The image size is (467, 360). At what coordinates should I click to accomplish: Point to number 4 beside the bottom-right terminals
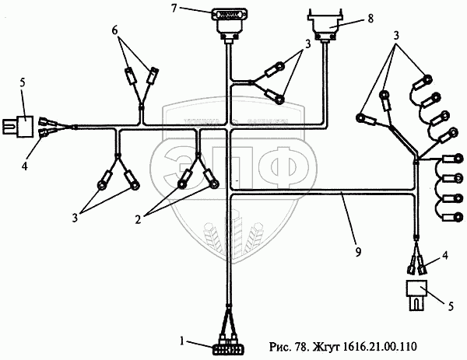(x=445, y=255)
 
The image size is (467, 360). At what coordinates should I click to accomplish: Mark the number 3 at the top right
(x=397, y=37)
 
